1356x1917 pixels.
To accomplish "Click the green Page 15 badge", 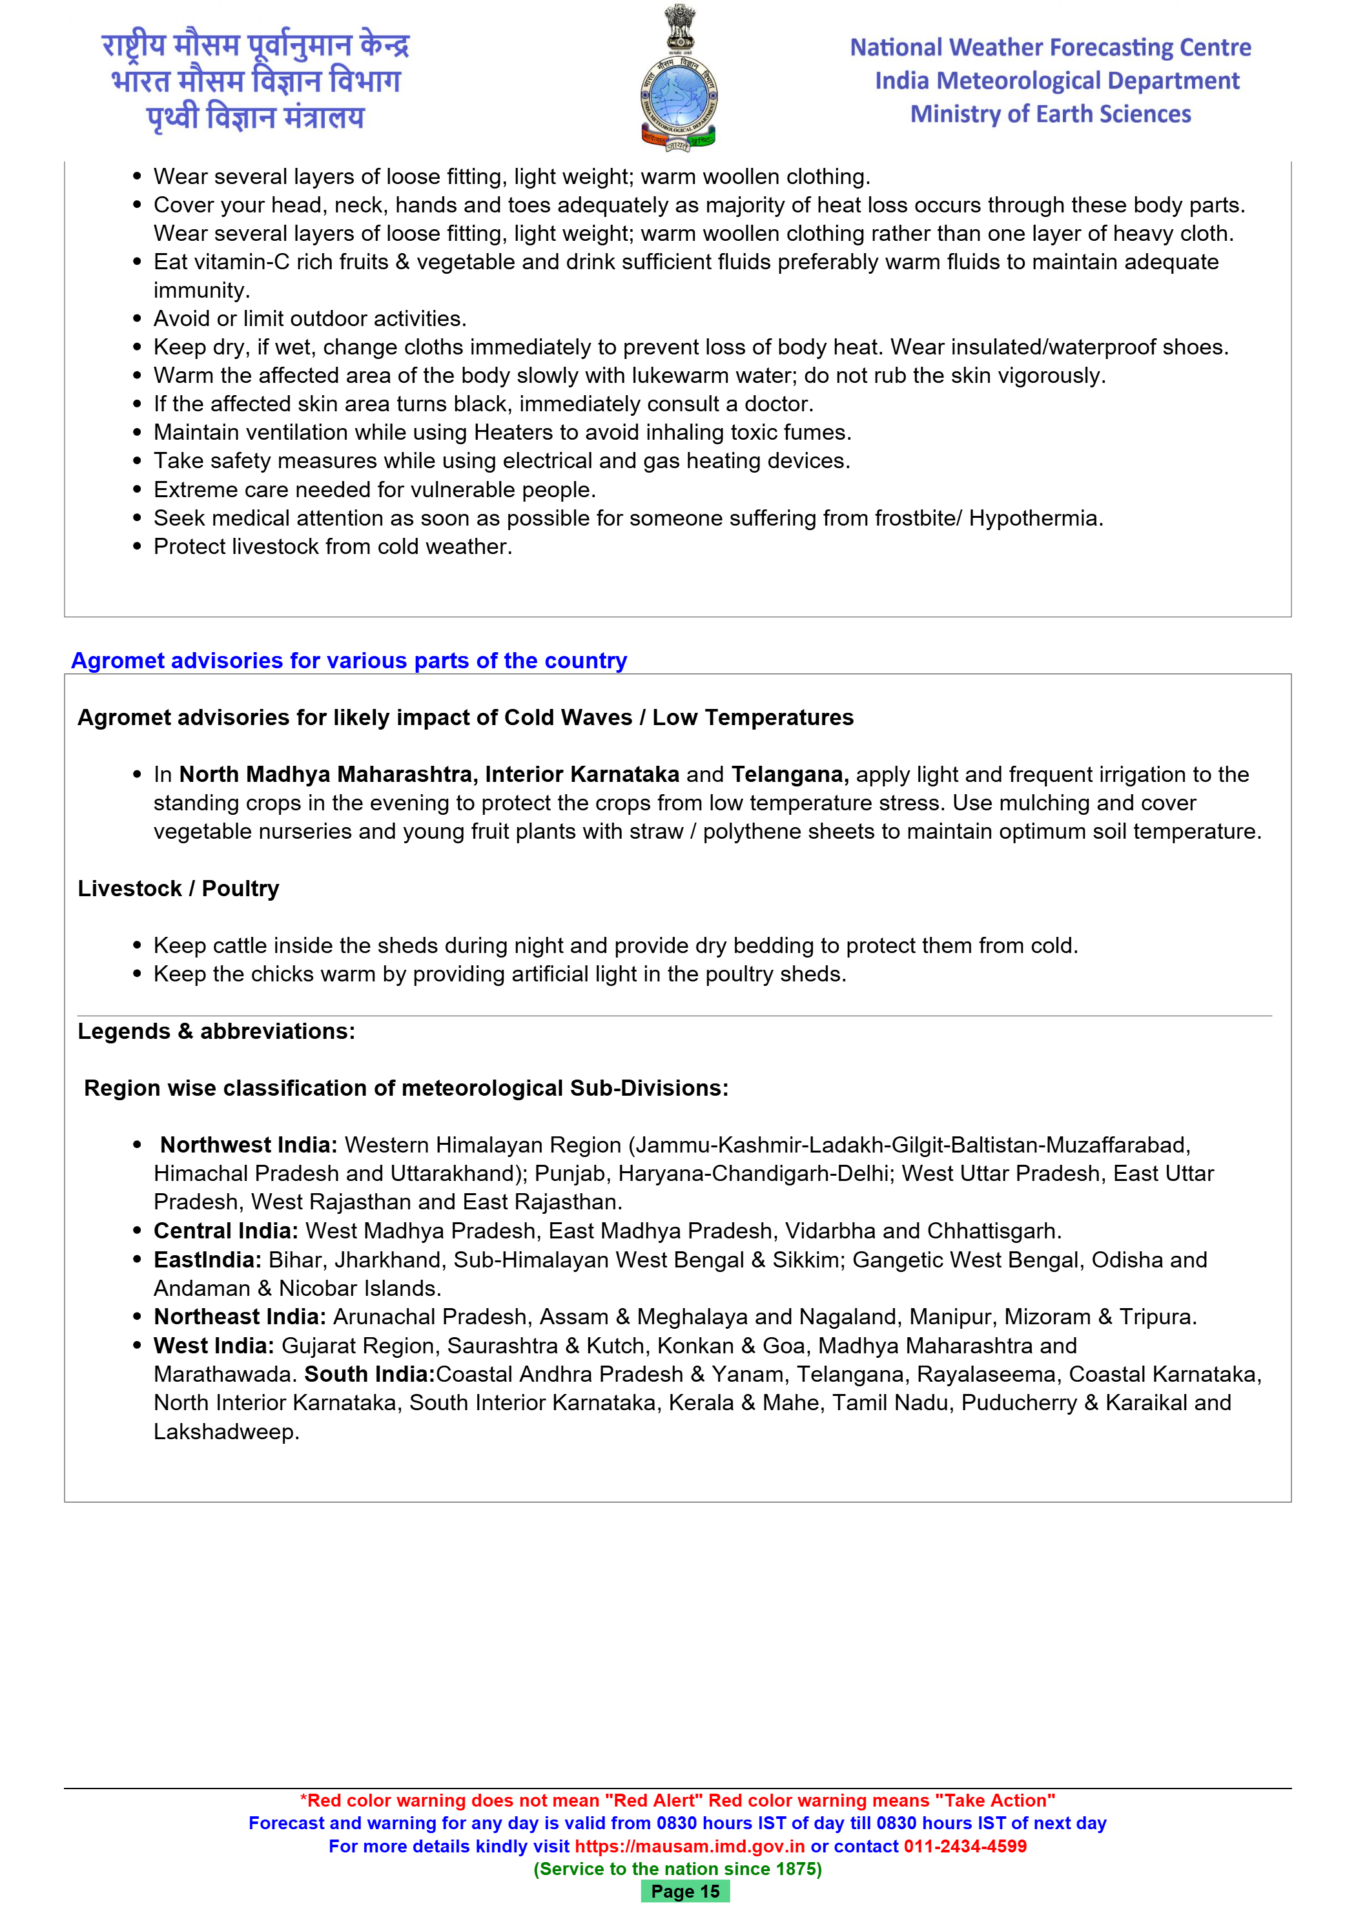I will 684,1891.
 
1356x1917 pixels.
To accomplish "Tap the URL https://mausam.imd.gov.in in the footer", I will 690,1846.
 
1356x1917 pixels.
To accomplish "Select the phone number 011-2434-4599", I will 965,1846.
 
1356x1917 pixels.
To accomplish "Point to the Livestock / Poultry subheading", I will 178,888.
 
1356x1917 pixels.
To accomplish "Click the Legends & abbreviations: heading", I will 216,1031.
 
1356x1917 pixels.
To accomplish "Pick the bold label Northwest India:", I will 249,1145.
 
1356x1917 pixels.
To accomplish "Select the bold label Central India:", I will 225,1231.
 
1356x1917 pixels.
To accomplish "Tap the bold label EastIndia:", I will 207,1259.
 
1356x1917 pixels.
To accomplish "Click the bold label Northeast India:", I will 240,1317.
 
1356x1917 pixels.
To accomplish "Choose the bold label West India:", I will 214,1346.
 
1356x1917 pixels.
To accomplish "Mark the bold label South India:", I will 369,1374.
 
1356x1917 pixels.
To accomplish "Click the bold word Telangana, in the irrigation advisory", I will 790,775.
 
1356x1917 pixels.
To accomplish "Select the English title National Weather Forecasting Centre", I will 1051,48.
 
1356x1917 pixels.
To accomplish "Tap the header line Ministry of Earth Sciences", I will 1051,114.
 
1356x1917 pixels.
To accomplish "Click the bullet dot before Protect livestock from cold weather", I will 138,547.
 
